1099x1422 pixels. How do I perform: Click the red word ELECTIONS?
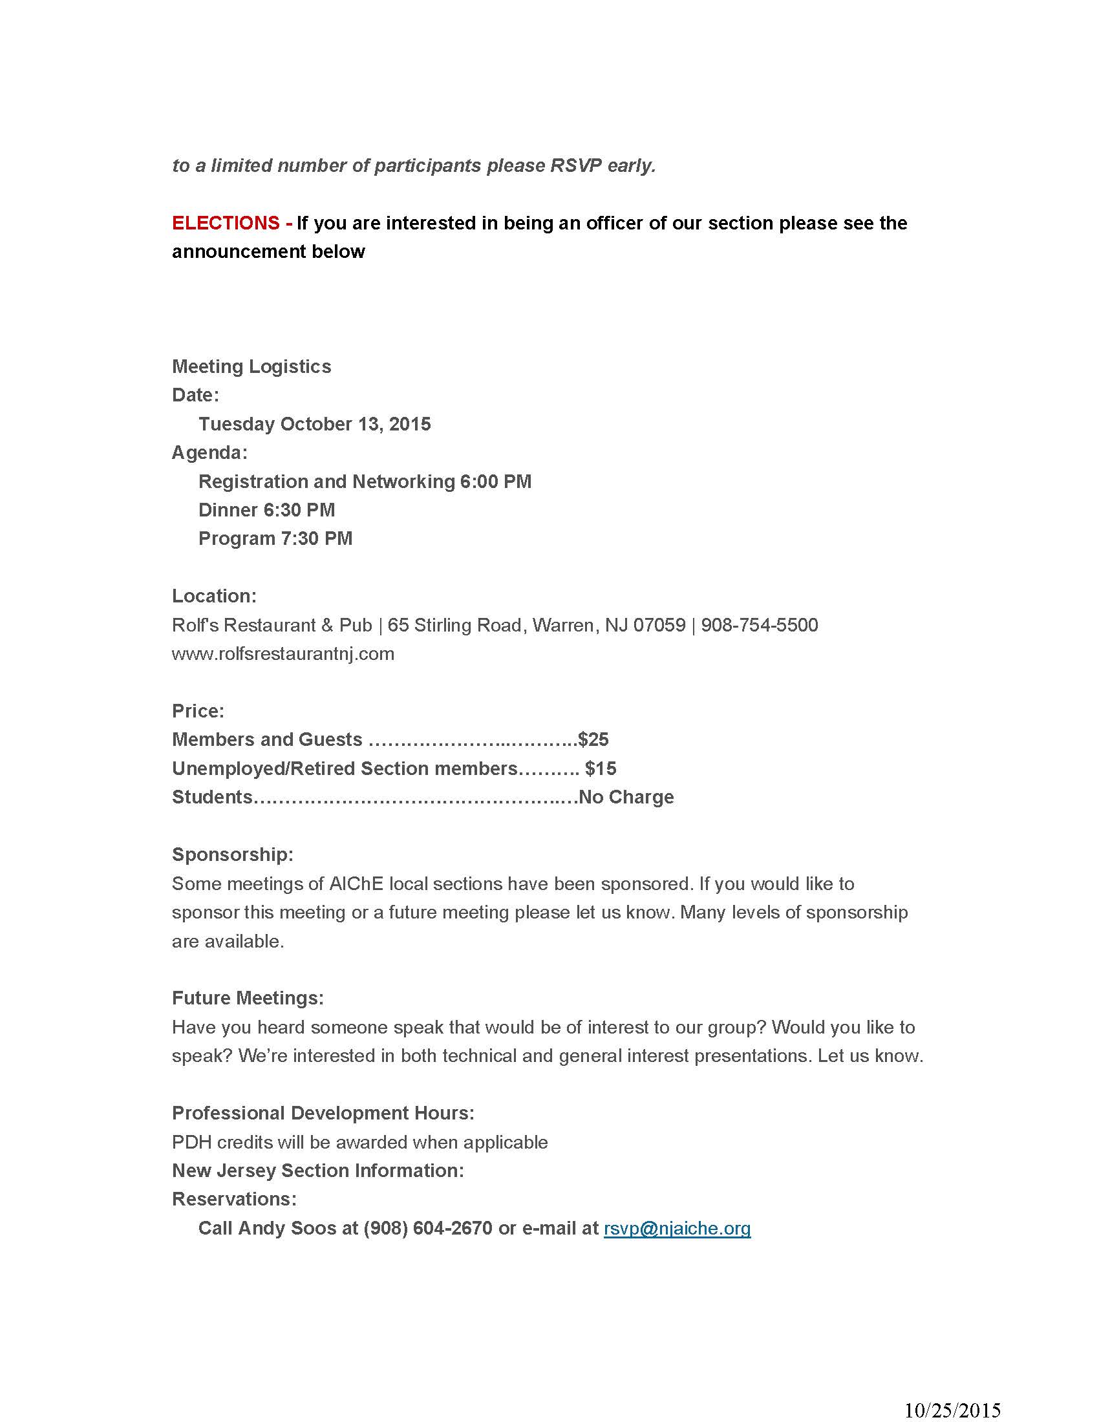[225, 224]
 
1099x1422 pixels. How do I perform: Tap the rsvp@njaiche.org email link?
[677, 1228]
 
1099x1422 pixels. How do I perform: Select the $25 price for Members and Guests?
[593, 739]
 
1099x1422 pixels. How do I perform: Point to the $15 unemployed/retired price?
[601, 769]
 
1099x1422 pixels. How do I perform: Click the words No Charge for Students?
[626, 797]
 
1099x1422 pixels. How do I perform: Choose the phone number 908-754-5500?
[759, 625]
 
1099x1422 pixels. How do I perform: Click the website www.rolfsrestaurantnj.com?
[283, 653]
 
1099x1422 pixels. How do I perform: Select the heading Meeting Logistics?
[251, 366]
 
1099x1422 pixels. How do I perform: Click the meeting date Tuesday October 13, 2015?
[314, 424]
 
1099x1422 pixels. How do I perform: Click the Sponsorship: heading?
[233, 854]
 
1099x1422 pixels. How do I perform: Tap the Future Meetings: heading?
[248, 998]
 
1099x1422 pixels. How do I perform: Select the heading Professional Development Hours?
[323, 1113]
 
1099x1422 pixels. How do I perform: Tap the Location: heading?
[214, 596]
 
